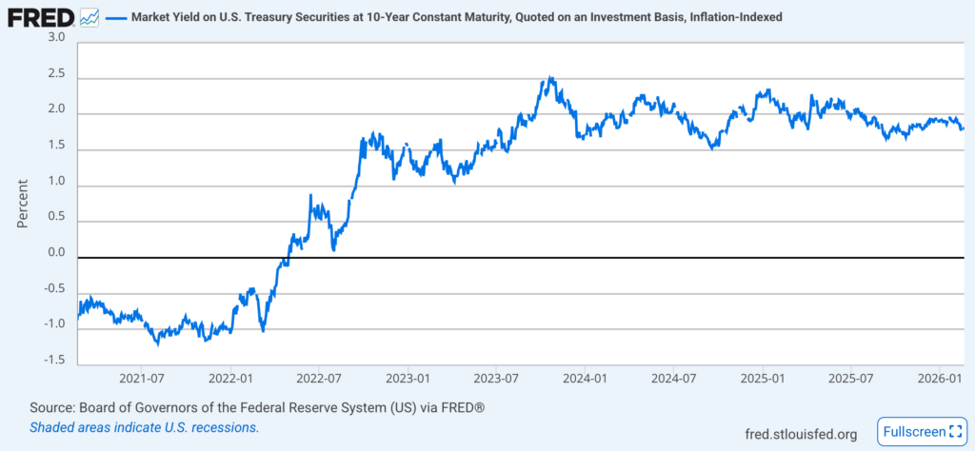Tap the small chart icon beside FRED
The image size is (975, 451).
[x=90, y=17]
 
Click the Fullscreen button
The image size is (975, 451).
[x=920, y=432]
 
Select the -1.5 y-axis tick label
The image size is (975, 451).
[x=53, y=360]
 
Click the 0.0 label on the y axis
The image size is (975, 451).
[x=56, y=253]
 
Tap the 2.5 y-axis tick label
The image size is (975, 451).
[x=56, y=74]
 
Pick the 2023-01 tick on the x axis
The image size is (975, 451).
[x=407, y=379]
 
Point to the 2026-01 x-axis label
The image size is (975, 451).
[x=938, y=379]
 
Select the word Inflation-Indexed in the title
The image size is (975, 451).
[x=729, y=17]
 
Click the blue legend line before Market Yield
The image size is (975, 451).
[x=115, y=17]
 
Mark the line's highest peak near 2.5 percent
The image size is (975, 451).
[x=549, y=78]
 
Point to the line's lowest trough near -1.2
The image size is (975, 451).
[x=159, y=343]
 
